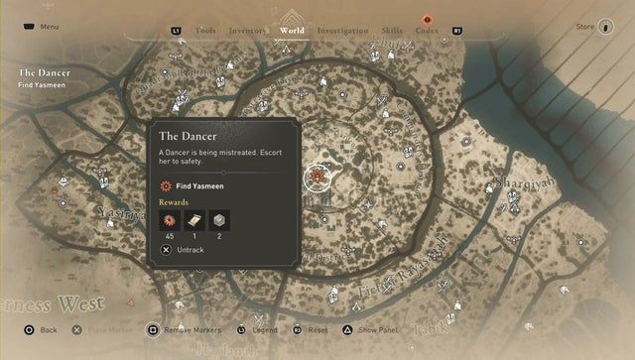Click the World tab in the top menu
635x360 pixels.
pos(293,31)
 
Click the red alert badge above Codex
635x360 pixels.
pos(428,19)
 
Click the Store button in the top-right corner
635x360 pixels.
pos(585,27)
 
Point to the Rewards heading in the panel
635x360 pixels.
pos(174,202)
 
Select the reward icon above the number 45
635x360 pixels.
pos(169,221)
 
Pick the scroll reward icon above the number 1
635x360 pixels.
pos(195,221)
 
